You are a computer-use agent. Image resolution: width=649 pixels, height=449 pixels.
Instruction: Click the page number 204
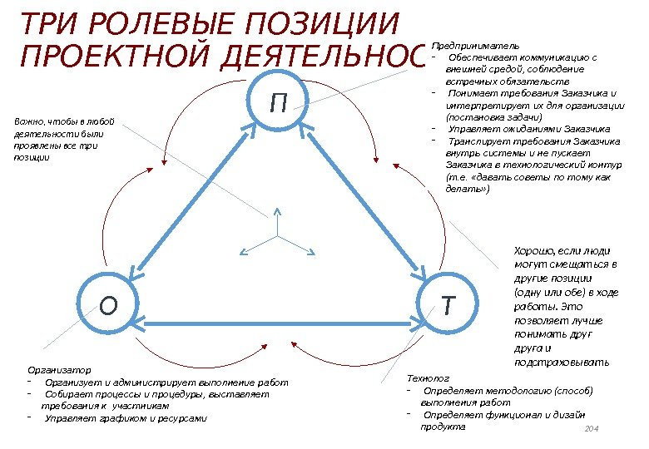[x=592, y=427]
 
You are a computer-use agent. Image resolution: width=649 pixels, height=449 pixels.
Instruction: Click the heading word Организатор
[x=59, y=369]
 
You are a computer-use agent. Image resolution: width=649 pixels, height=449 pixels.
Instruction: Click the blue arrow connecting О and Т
[x=278, y=320]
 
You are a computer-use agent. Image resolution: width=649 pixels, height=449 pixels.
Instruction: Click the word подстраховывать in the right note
[x=562, y=362]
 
